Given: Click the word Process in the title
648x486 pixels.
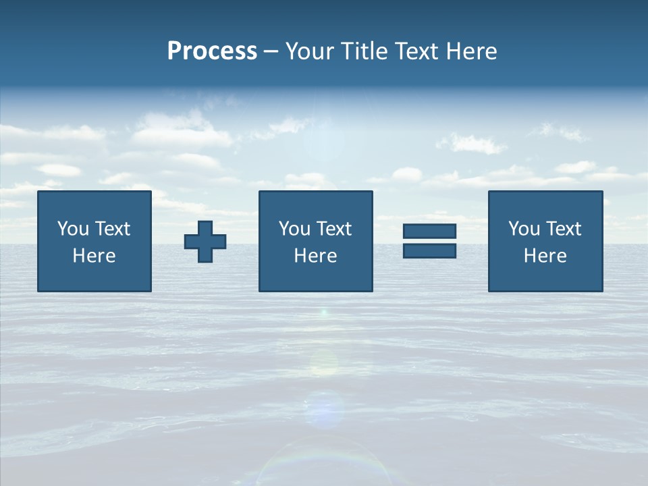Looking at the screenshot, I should pos(212,51).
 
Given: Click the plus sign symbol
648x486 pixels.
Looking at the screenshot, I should pos(205,242).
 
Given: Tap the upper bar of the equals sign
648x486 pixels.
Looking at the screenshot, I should pos(429,232).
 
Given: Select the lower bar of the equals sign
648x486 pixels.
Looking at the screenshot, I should pos(429,251).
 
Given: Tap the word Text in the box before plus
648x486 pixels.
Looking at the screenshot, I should pos(112,229).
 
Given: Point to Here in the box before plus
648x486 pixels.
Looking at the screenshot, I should pos(94,256).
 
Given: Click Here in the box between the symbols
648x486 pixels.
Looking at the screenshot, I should pos(316,256).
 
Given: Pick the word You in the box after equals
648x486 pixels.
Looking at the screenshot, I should pos(524,229).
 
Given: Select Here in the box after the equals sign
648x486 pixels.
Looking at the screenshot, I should pos(545,256).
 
